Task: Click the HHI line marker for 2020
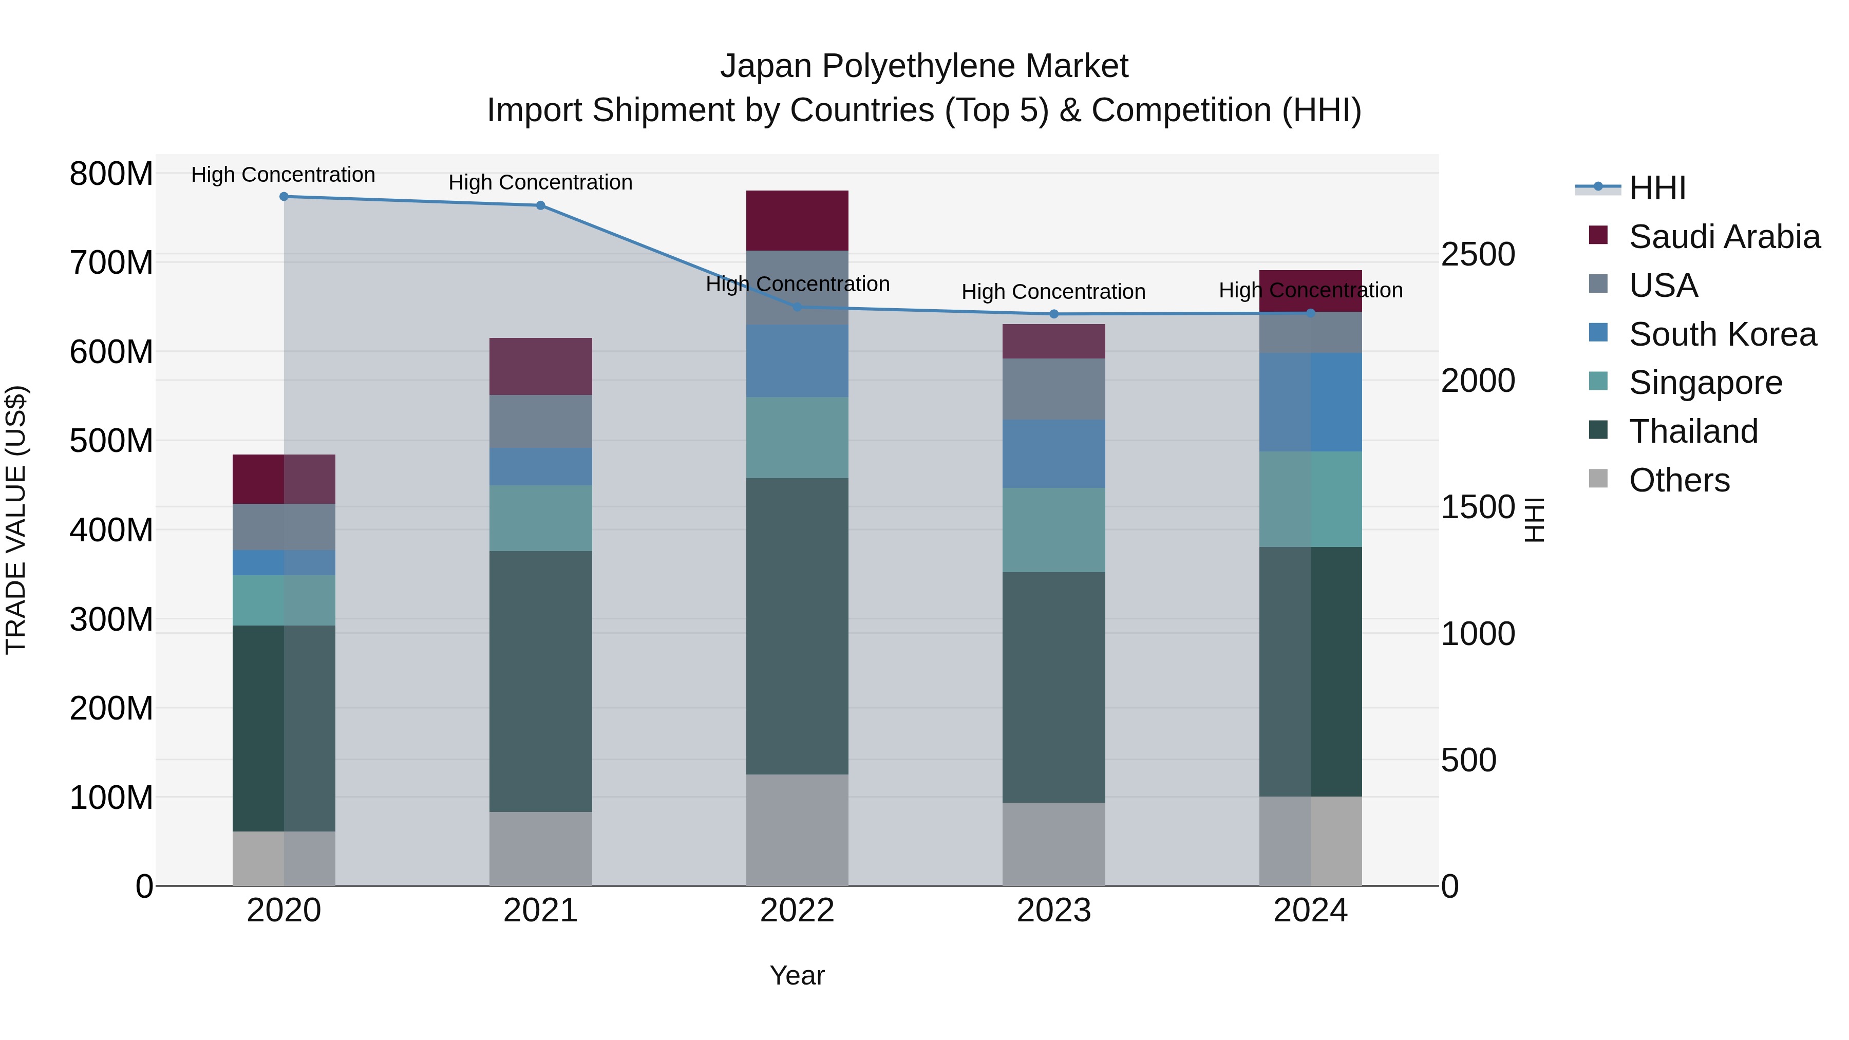pyautogui.click(x=284, y=197)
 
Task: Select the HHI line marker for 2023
pyautogui.click(x=1054, y=314)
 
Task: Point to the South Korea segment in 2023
pyautogui.click(x=1054, y=453)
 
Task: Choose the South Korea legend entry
pyautogui.click(x=1722, y=334)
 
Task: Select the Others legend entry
pyautogui.click(x=1679, y=480)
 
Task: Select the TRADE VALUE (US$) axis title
pyautogui.click(x=16, y=520)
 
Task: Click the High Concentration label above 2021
pyautogui.click(x=540, y=182)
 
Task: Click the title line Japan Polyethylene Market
pyautogui.click(x=924, y=66)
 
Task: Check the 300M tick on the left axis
pyautogui.click(x=111, y=619)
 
